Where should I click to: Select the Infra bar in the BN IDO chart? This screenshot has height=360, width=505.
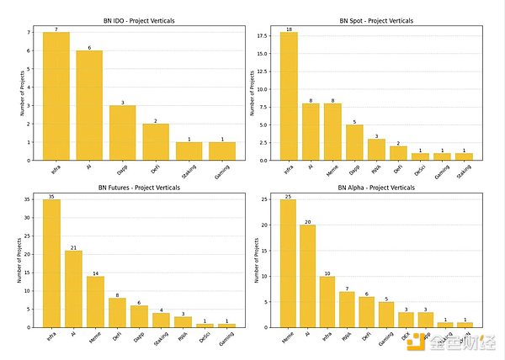(56, 96)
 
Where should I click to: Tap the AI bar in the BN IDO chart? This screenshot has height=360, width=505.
(90, 105)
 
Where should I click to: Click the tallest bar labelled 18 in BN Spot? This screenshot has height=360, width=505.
(289, 96)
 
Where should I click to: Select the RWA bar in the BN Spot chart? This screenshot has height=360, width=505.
(376, 150)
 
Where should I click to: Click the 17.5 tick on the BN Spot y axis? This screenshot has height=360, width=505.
(267, 35)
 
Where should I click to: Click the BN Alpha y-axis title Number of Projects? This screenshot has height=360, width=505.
(257, 260)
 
